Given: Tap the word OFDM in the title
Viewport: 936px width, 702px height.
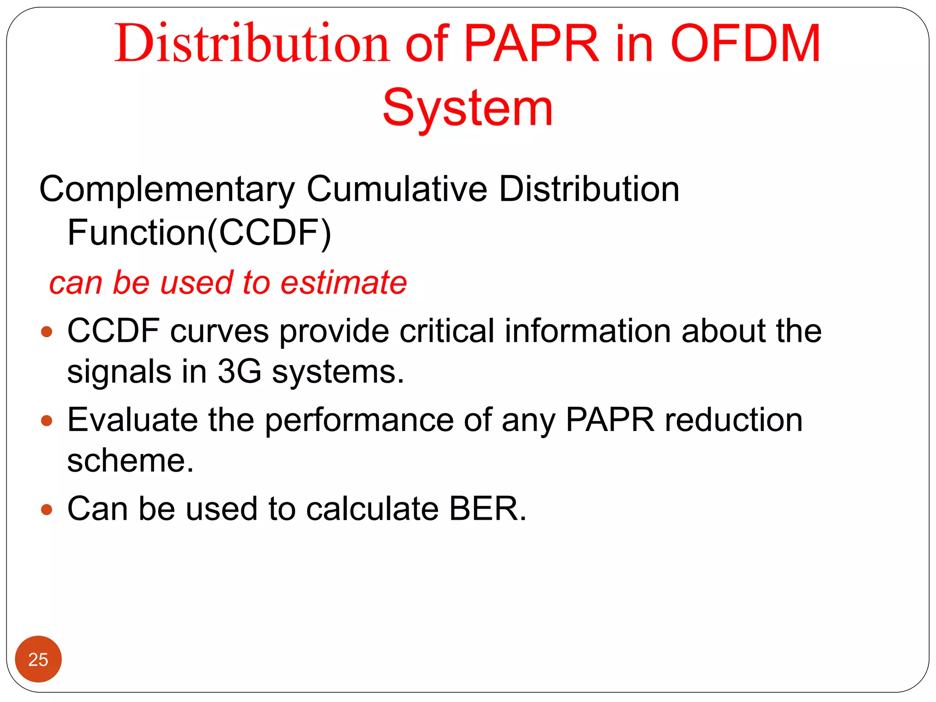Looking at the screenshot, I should (745, 43).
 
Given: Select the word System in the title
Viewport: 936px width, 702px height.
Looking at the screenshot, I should (468, 108).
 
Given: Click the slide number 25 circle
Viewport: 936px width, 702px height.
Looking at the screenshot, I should (38, 659).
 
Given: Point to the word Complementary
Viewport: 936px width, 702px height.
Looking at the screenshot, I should (167, 189).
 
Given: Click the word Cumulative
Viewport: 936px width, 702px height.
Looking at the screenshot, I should (397, 189).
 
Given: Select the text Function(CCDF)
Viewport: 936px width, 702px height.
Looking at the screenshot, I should (199, 233).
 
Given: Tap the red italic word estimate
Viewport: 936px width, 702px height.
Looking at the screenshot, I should (343, 282).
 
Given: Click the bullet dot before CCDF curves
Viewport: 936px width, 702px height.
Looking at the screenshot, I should (47, 331).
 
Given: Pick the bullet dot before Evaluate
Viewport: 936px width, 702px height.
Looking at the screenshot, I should (47, 420).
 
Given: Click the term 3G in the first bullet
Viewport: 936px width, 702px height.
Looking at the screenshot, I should (239, 371).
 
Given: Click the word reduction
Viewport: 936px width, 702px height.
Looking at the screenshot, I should (733, 420).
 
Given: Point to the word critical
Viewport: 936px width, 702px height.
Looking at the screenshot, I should (447, 331).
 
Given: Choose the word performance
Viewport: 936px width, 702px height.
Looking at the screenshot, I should (359, 420).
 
